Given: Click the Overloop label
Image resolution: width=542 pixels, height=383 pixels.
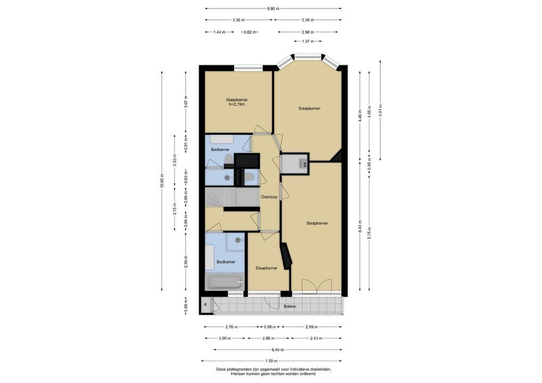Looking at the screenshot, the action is (x=269, y=197).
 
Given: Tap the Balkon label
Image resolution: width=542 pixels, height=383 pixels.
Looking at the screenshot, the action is (x=290, y=306).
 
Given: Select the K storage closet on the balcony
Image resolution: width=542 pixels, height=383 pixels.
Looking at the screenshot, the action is (x=206, y=305).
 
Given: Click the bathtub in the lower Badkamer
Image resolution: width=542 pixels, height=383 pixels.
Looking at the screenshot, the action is (x=225, y=282).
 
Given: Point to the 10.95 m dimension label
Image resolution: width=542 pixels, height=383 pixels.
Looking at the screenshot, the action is (x=162, y=181).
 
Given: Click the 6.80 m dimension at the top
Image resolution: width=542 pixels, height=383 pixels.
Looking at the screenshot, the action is (x=273, y=9).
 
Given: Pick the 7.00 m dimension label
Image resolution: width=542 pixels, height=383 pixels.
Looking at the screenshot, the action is (x=272, y=361).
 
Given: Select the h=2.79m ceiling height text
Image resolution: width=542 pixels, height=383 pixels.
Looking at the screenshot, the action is (x=237, y=104).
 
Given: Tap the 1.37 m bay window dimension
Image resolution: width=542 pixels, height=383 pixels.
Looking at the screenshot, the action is (x=308, y=41).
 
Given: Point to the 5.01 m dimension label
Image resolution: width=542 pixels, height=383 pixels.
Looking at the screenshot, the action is (x=380, y=111).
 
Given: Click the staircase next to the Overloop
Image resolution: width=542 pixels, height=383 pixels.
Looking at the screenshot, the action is (x=232, y=197).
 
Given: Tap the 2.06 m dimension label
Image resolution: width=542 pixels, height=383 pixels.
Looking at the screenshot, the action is (x=268, y=338).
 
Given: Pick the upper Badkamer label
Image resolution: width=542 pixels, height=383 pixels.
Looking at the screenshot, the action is (x=220, y=150).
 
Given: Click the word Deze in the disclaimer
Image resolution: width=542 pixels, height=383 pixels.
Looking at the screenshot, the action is (x=220, y=369).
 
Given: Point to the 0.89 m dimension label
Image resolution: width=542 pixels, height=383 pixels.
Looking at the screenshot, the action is (x=186, y=306).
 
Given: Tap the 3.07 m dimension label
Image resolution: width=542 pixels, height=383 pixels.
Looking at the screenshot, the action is (x=186, y=102).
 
